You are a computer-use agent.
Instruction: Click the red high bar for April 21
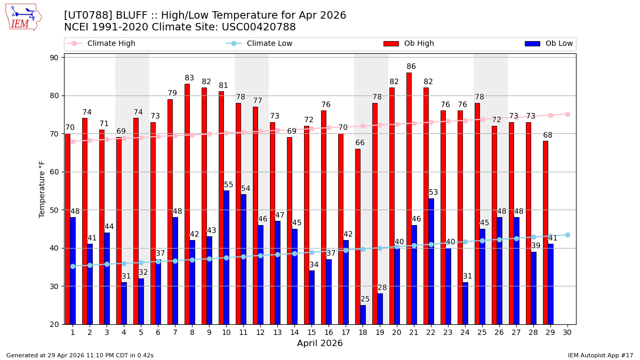point(409,198)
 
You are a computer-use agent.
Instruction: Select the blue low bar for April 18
point(363,315)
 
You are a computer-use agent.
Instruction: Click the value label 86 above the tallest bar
point(411,67)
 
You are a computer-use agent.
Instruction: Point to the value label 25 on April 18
point(365,299)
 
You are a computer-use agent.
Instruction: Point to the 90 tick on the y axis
point(54,58)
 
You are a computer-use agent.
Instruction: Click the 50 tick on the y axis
point(54,210)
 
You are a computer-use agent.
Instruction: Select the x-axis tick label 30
point(567,332)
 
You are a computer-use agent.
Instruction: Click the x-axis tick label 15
point(311,332)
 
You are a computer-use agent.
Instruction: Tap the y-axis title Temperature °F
point(42,189)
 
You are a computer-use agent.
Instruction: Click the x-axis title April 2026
point(320,343)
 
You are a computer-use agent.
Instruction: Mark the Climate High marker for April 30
point(567,114)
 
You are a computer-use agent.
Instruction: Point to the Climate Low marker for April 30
point(567,235)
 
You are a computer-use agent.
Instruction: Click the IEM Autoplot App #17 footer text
point(600,355)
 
